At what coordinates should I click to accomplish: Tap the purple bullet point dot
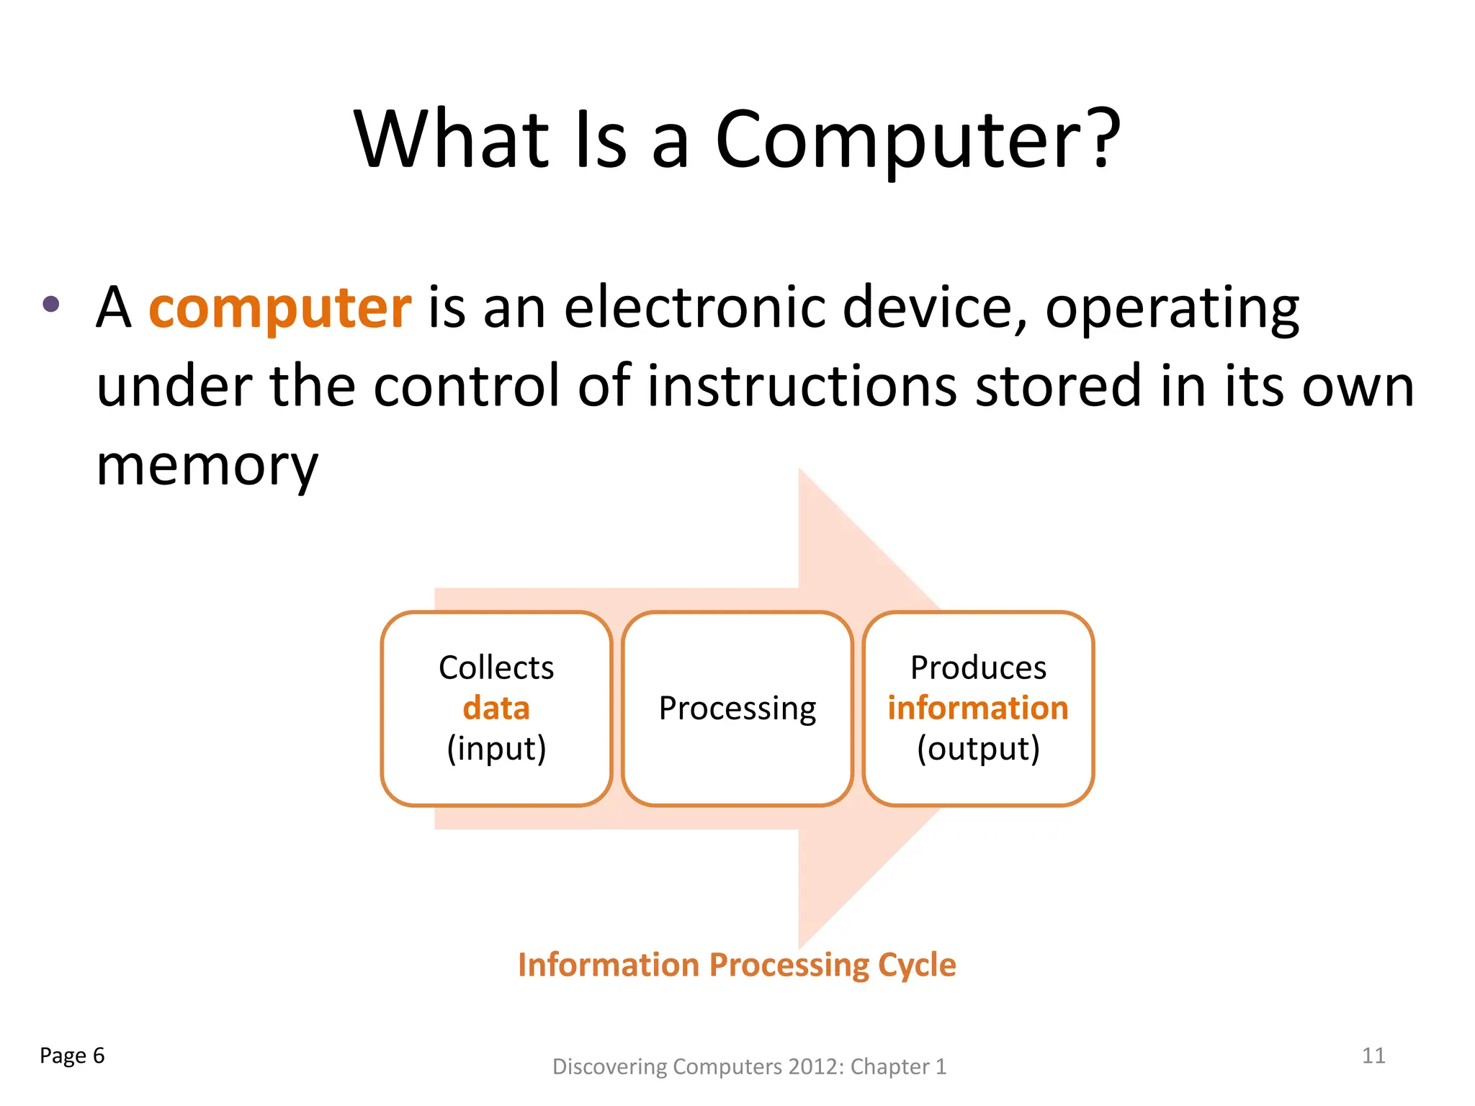(51, 304)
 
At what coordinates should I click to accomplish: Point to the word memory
(207, 467)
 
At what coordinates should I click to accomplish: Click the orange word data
(496, 708)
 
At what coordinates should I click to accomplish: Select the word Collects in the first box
(496, 667)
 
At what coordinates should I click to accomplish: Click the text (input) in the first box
(496, 749)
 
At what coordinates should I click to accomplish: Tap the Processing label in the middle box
(737, 709)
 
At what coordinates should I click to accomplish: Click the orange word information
(978, 708)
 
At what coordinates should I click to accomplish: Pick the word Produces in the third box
(978, 667)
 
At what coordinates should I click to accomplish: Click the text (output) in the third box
(978, 749)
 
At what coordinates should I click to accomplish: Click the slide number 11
(1373, 1056)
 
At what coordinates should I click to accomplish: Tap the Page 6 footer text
(72, 1056)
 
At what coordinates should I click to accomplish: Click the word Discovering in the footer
(609, 1067)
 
